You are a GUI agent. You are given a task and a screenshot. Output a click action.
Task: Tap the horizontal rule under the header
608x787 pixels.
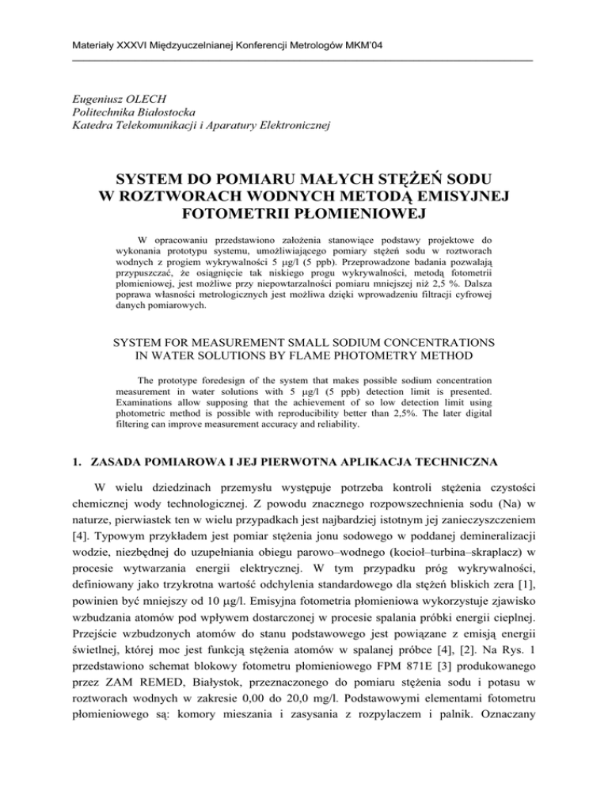coord(303,60)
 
